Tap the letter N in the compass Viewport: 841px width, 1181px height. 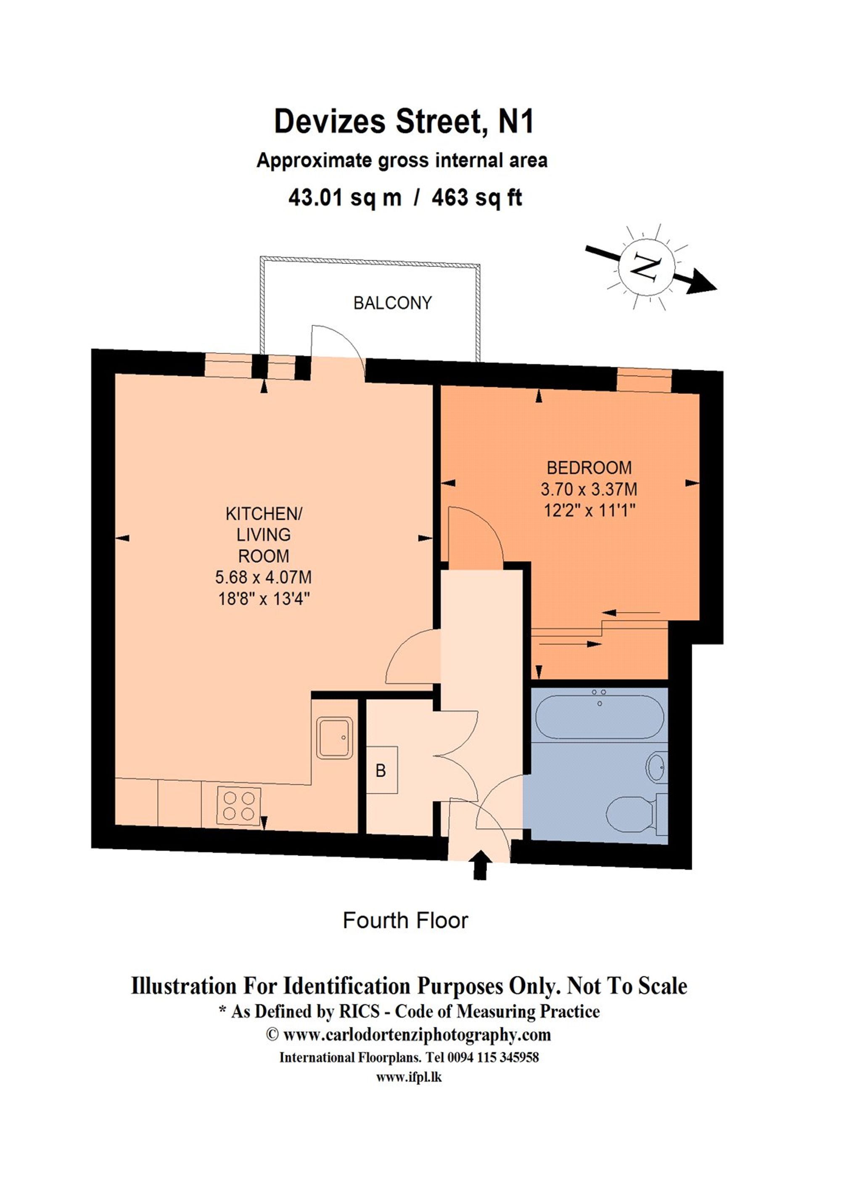coord(646,267)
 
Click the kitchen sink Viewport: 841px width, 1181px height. coord(334,737)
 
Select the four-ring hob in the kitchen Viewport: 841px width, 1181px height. coord(238,806)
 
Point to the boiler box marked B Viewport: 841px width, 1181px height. coord(382,770)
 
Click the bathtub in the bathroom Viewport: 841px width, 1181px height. coord(599,718)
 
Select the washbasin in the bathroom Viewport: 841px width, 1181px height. coord(657,767)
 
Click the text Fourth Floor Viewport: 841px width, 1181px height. coord(405,921)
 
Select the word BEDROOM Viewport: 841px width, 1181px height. coord(589,468)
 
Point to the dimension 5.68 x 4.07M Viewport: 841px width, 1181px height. coord(263,577)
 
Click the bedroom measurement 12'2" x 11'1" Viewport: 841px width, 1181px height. coord(589,511)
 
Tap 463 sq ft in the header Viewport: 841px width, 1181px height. coord(476,198)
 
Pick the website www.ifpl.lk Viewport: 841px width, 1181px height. coord(409,1078)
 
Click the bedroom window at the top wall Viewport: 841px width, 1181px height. coord(644,380)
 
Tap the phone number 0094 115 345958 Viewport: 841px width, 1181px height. coord(493,1057)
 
